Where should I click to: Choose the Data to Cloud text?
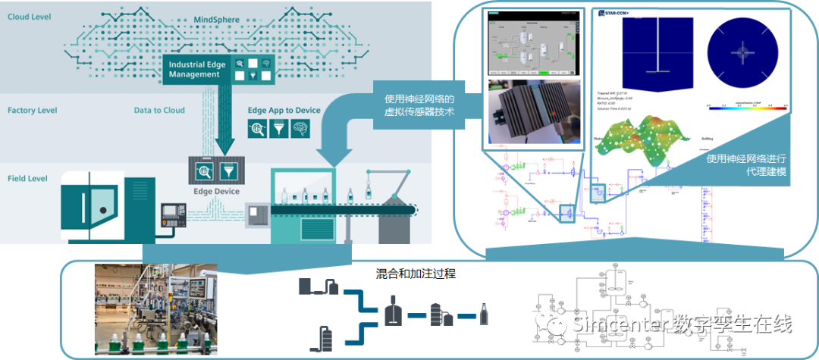pos(159,111)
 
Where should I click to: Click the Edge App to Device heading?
pos(284,111)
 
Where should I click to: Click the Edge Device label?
pos(216,192)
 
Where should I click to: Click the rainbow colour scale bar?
pos(747,108)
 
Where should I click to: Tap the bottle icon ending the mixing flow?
pos(484,313)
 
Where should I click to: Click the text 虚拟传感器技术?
pos(419,113)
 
